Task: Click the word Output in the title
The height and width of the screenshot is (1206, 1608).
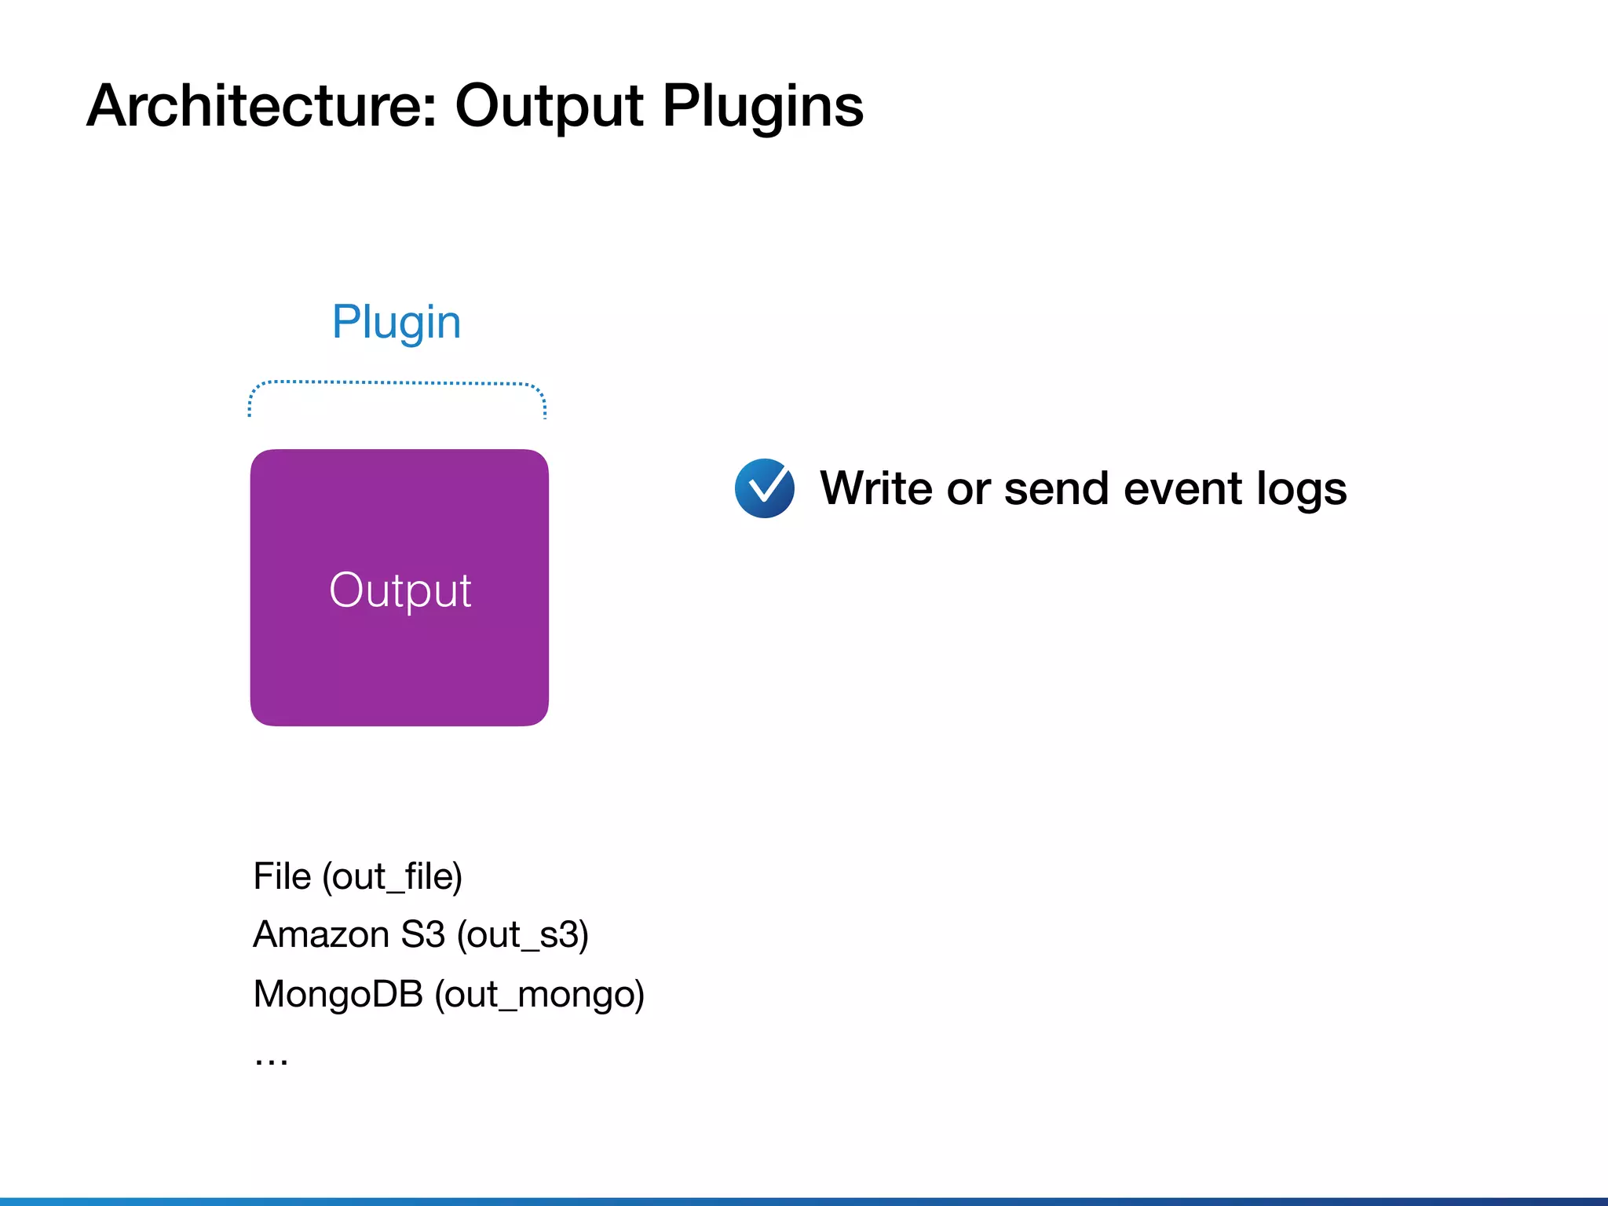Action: pos(549,108)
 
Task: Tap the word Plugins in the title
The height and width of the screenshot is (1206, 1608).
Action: pos(762,108)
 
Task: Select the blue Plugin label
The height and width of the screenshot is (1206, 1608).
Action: pos(396,323)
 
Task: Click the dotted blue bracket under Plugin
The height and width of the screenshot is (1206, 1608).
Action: pos(397,383)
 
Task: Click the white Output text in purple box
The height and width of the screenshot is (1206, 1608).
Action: pos(400,590)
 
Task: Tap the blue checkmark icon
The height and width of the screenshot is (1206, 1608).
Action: pos(764,488)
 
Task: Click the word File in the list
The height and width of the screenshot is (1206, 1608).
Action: pos(282,876)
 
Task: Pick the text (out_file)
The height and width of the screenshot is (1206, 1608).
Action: pos(392,877)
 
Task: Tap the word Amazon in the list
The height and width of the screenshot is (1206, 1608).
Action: pos(321,934)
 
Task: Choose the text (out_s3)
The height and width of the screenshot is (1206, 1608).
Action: pos(522,935)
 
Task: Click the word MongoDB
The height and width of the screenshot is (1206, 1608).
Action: pos(338,994)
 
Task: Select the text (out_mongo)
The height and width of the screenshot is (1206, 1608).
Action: pos(539,995)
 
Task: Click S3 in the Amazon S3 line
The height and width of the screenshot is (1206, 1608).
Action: pos(422,934)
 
